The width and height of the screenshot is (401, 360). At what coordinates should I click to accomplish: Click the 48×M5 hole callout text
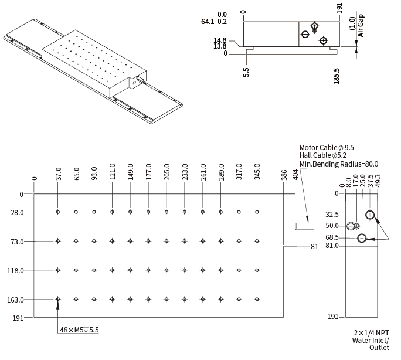80,330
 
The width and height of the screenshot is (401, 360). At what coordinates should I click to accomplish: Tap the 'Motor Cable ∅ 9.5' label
327,148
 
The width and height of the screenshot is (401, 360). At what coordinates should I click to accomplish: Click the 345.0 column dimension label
257,176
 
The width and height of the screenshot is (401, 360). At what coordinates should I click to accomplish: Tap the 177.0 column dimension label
148,176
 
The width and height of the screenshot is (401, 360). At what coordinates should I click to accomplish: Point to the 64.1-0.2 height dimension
213,22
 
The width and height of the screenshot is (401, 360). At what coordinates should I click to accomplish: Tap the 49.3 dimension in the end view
378,181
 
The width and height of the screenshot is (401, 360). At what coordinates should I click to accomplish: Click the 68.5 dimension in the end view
332,237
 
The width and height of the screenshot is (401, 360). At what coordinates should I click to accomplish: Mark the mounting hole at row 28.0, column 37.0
58,212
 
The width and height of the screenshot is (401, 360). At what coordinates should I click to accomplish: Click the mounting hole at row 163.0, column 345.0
257,299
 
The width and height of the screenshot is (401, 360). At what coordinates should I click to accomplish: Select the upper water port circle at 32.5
370,215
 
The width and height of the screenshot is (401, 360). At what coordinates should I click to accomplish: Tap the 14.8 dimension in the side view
220,40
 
